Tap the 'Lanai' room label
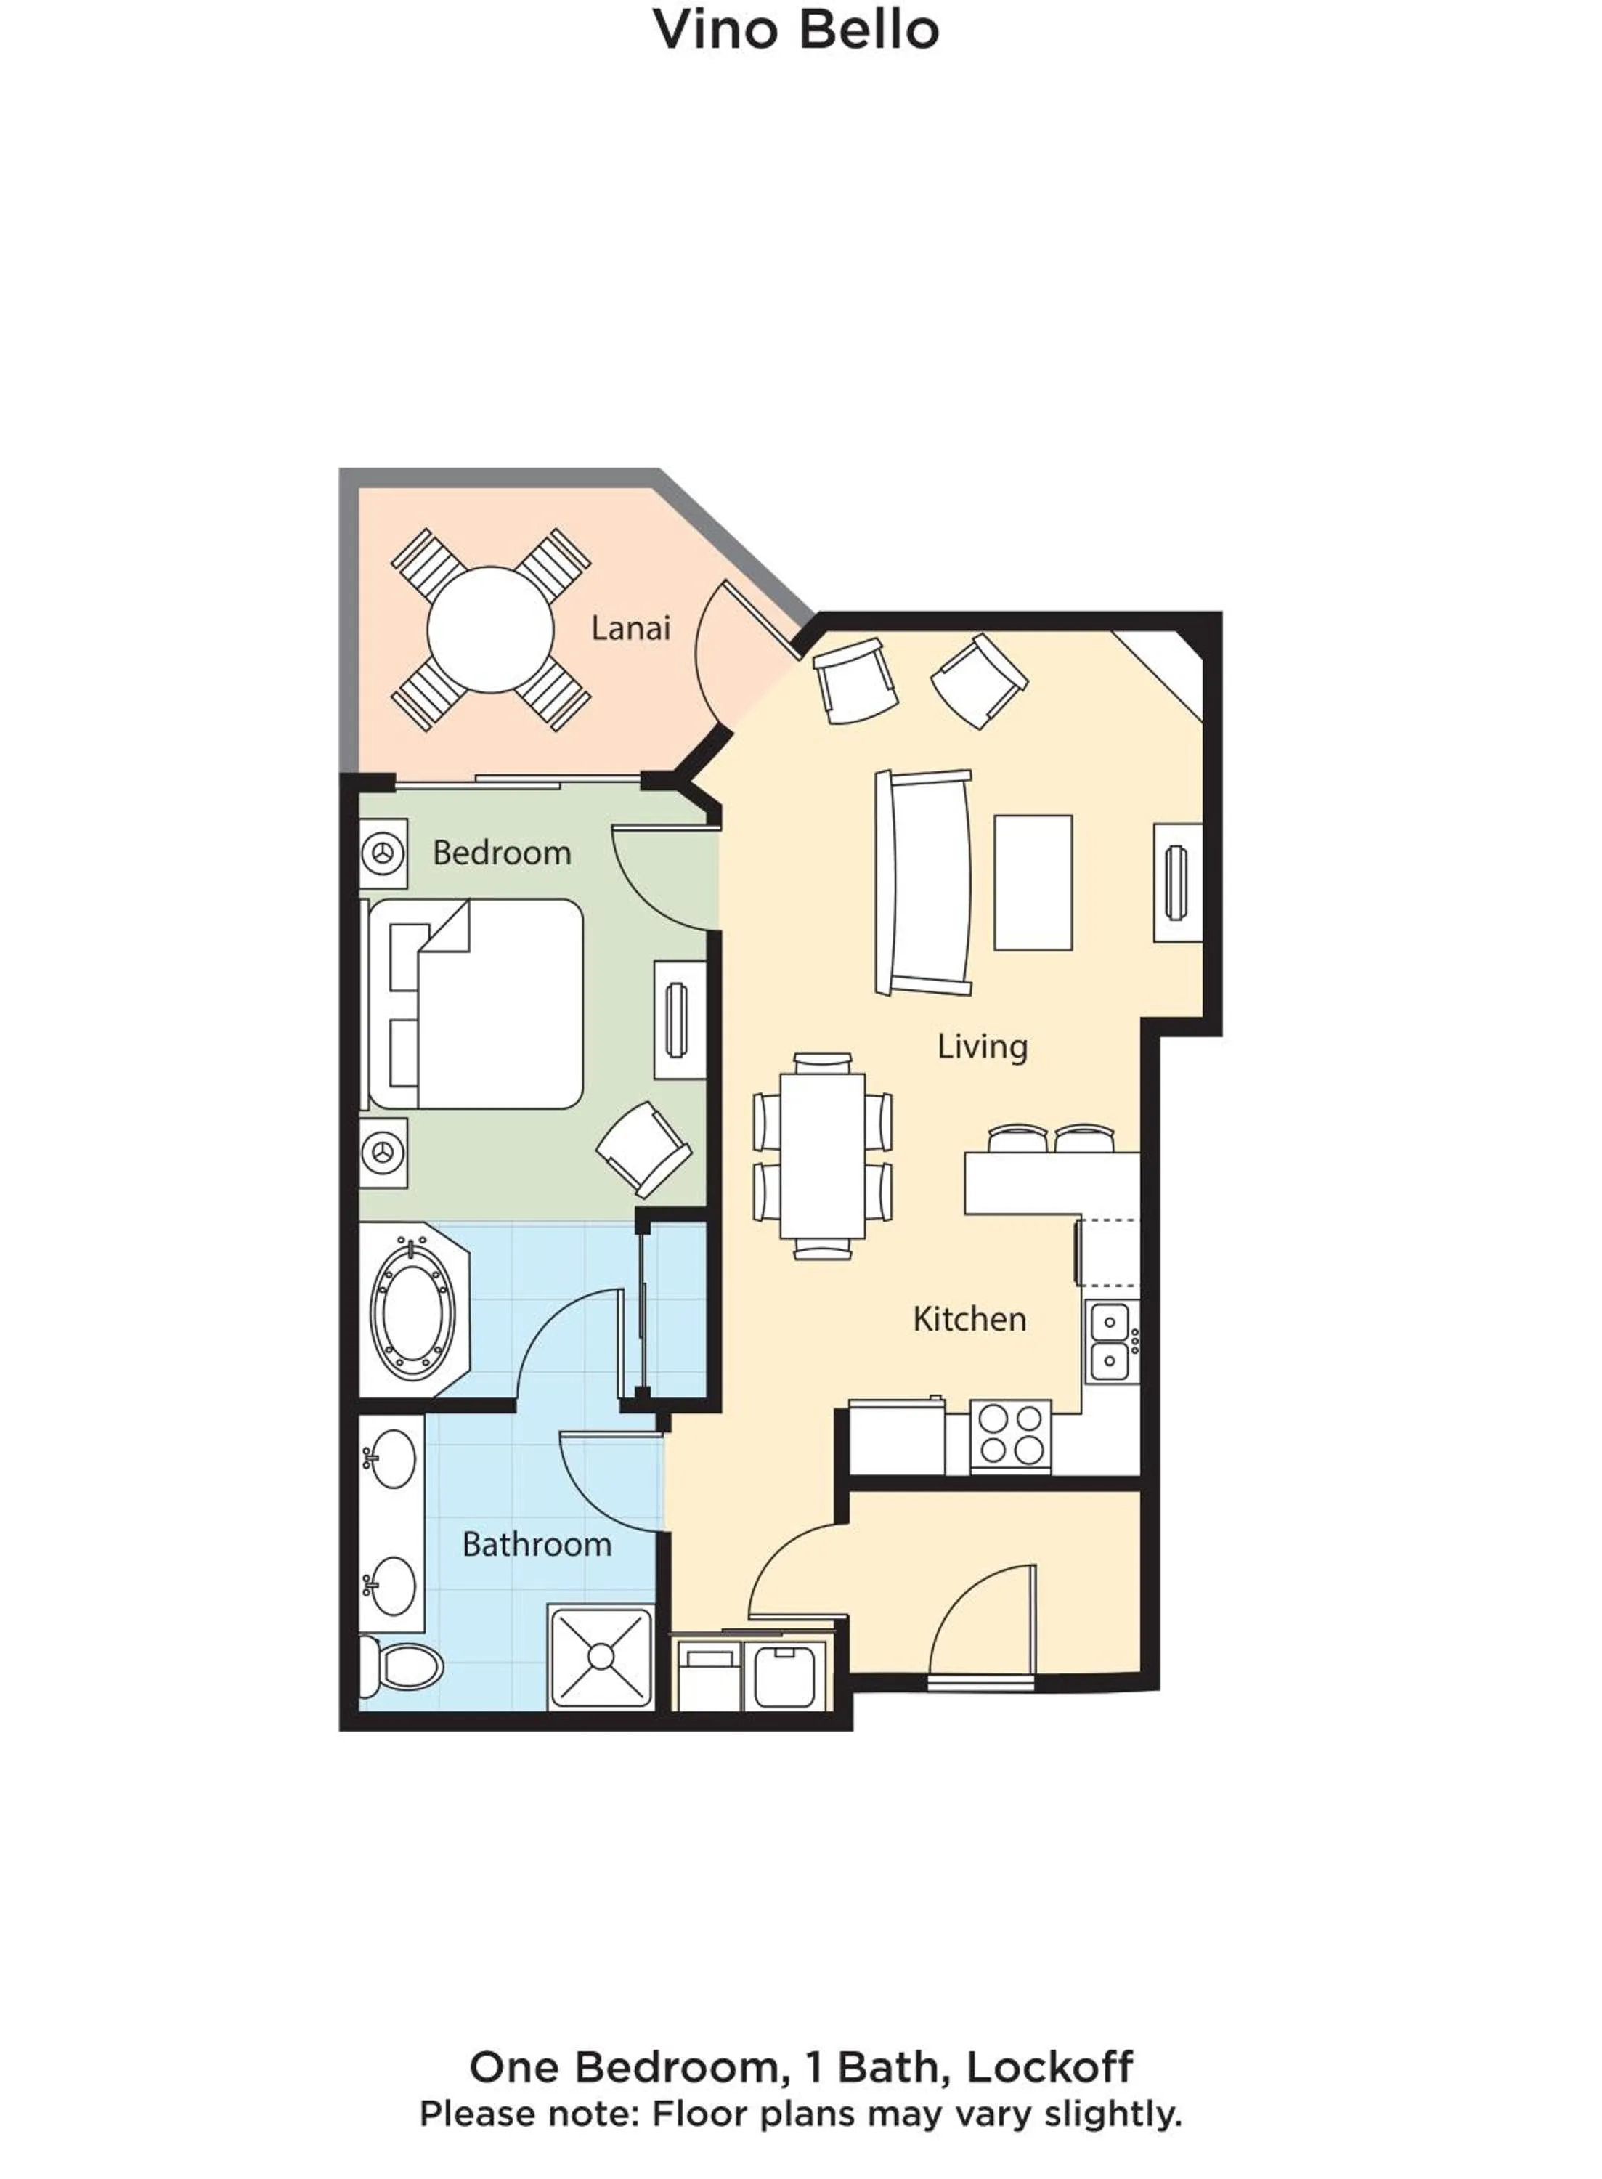630,628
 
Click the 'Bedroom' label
501,853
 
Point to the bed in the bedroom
485,1004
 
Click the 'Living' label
981,1047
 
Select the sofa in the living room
922,882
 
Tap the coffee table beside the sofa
1033,882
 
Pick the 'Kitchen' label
969,1319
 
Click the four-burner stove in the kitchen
1010,1435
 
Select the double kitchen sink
1110,1341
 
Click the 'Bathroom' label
536,1544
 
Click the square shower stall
601,1656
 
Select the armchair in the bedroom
643,1149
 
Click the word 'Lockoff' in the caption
1049,2067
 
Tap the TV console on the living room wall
1177,882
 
